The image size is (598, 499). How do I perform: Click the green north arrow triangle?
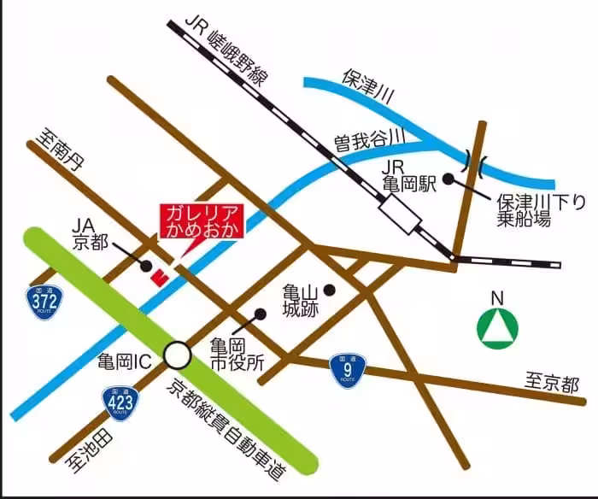(496, 329)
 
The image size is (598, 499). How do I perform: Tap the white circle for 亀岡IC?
(178, 353)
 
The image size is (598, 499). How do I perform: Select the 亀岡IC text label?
(129, 361)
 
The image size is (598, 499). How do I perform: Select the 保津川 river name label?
(366, 86)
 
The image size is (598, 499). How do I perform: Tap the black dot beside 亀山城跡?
(329, 291)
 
